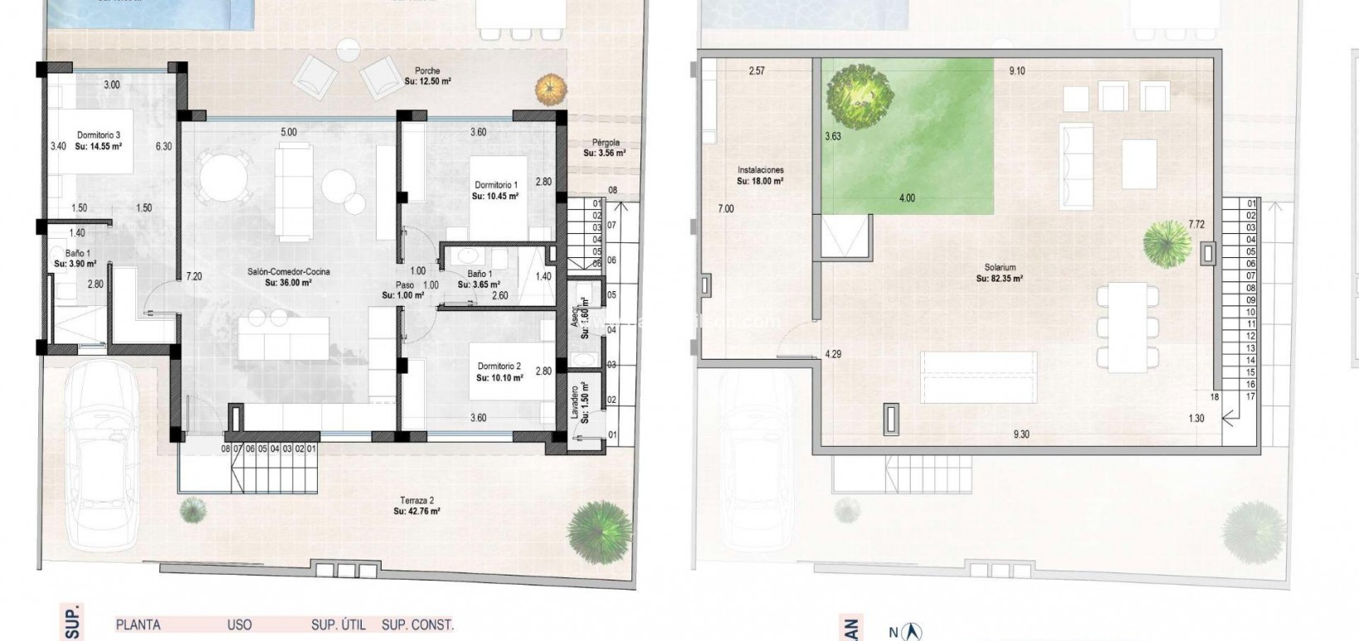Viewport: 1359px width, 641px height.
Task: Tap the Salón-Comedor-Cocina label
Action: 276,271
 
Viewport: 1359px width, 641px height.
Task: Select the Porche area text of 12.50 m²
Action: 427,82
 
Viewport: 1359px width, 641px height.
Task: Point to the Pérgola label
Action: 606,143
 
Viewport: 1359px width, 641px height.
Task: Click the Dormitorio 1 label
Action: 495,185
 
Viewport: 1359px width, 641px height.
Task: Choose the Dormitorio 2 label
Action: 499,366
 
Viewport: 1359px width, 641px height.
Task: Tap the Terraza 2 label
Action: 416,501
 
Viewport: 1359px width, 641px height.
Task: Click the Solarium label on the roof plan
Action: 1001,268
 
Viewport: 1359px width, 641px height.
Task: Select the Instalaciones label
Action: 760,170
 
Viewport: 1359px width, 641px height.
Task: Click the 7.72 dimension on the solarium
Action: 1196,225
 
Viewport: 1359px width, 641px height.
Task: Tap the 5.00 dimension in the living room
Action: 288,132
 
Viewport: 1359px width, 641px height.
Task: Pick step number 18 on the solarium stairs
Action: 1215,397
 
